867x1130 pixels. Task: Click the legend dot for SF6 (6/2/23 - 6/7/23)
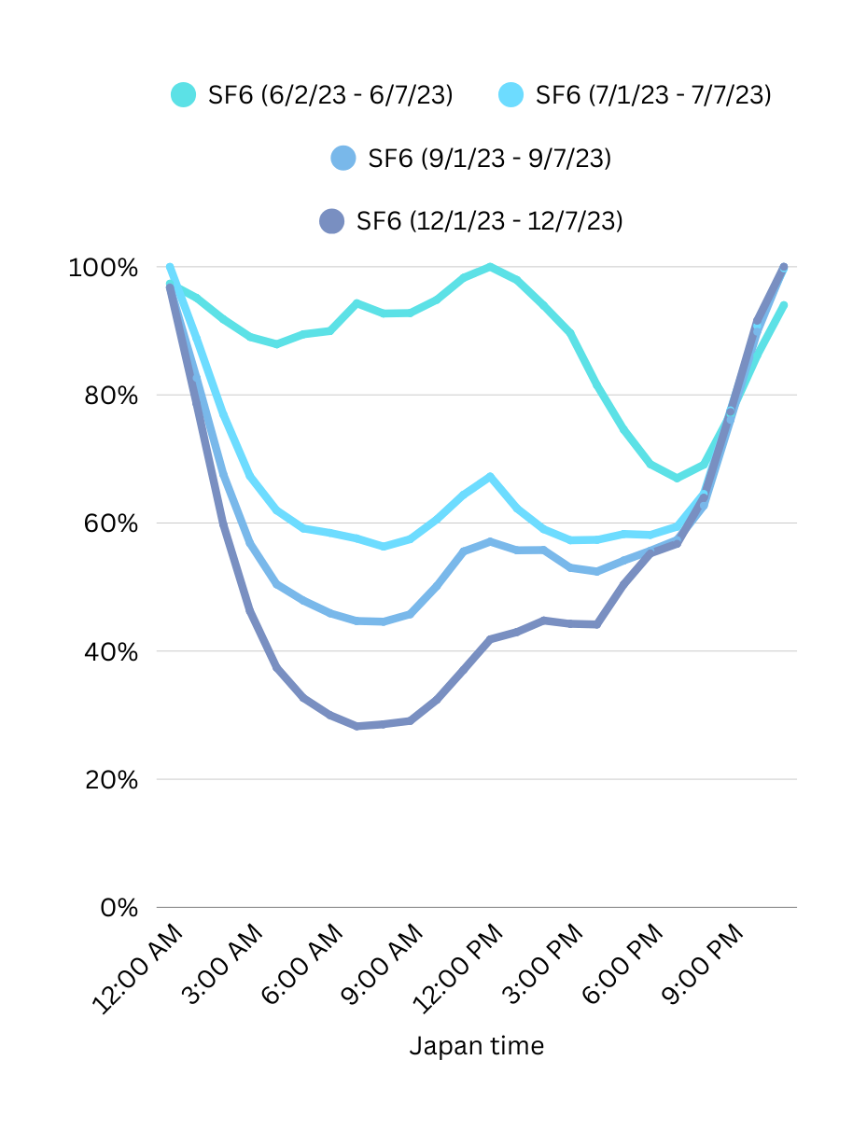pos(183,95)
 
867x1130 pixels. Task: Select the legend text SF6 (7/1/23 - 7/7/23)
pos(652,95)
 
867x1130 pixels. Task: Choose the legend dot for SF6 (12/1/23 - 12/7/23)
pos(331,221)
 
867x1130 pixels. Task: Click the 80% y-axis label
pos(108,396)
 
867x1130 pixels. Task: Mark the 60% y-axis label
pos(108,523)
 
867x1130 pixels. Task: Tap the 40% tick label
pos(108,651)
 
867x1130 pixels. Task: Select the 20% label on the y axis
pos(108,779)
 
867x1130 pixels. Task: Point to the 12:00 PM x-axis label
pos(459,970)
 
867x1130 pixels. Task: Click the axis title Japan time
pos(476,1046)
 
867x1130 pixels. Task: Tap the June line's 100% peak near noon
pos(491,267)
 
